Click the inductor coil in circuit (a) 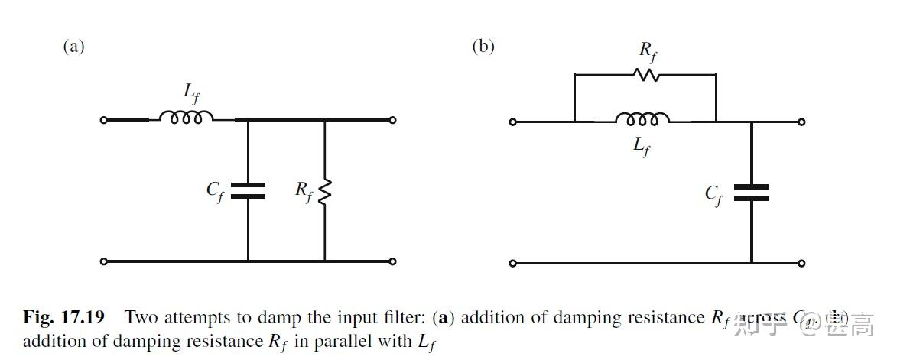coord(186,118)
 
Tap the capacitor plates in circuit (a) coord(248,190)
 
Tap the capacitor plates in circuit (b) coord(751,192)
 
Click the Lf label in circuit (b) coord(642,146)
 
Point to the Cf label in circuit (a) coord(216,191)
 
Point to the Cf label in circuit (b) coord(714,194)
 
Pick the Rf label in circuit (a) coord(304,191)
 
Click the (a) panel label coord(73,47)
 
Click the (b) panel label coord(483,47)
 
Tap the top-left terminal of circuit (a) coord(105,120)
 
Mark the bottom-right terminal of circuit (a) coord(392,261)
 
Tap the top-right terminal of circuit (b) coord(801,122)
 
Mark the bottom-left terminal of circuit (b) coord(513,264)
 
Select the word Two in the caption coord(139,317)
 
